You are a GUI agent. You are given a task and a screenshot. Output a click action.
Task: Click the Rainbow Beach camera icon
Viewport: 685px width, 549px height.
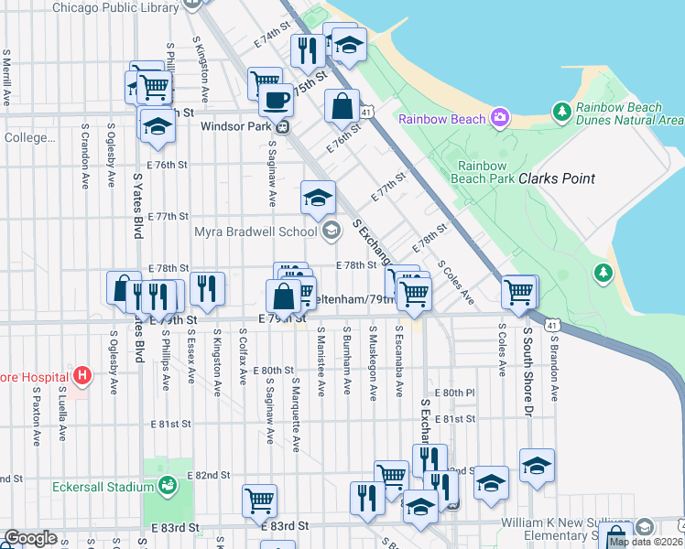click(x=499, y=117)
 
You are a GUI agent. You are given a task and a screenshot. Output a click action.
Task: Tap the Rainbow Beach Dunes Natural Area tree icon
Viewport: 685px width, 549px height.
click(x=562, y=112)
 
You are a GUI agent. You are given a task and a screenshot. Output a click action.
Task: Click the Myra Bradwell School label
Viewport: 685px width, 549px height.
click(x=256, y=231)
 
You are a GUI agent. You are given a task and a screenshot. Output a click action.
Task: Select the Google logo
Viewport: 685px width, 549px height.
click(x=30, y=539)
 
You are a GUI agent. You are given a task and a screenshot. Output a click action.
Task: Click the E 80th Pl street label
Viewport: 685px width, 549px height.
click(x=455, y=392)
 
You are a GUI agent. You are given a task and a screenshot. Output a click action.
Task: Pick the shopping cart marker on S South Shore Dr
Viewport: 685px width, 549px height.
click(x=519, y=293)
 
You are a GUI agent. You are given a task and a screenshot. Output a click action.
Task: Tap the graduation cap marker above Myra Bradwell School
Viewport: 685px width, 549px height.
click(x=318, y=198)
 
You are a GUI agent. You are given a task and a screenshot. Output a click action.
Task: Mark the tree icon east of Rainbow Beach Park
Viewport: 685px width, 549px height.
click(x=603, y=272)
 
